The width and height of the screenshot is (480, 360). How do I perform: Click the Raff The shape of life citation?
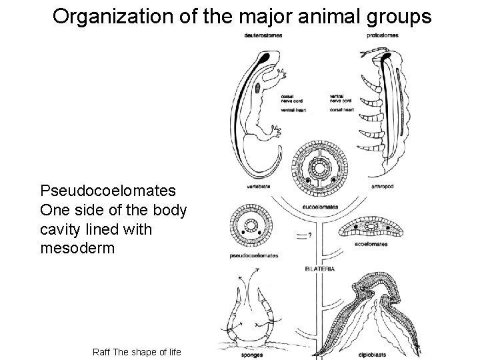click(x=137, y=351)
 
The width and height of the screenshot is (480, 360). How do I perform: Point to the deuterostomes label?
click(x=263, y=35)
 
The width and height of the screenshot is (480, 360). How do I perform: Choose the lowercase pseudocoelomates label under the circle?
click(x=254, y=255)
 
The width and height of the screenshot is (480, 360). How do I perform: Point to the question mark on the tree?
click(x=312, y=235)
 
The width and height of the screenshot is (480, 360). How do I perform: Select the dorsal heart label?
click(x=341, y=109)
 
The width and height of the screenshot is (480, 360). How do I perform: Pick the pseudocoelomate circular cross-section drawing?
click(x=251, y=225)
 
